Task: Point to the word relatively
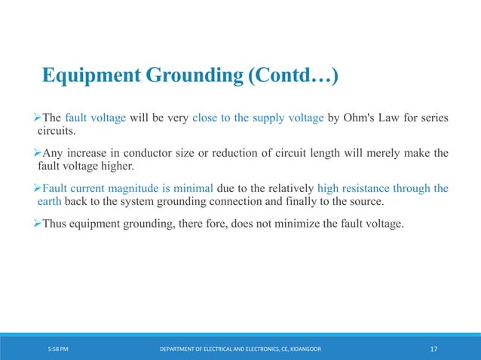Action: click(x=286, y=189)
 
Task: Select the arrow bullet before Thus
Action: click(x=36, y=222)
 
